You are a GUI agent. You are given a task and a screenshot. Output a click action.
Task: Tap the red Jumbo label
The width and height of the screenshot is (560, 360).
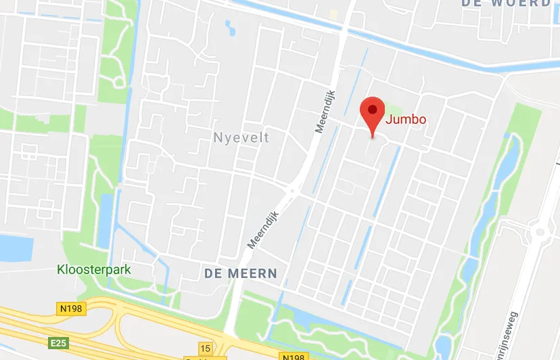point(406,120)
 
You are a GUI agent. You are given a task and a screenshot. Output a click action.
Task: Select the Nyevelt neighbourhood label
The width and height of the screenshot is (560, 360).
point(241,138)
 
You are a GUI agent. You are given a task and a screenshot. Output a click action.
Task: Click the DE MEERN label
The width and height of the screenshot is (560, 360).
point(240,273)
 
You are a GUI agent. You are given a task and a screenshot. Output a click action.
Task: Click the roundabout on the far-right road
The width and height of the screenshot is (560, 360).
point(540,233)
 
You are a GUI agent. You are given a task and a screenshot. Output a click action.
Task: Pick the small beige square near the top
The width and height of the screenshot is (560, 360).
point(333,14)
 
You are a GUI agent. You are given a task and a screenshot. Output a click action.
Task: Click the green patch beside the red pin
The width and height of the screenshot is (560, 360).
point(392,109)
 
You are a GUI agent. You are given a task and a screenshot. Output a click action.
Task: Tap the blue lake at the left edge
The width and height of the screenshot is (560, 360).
point(15,247)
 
